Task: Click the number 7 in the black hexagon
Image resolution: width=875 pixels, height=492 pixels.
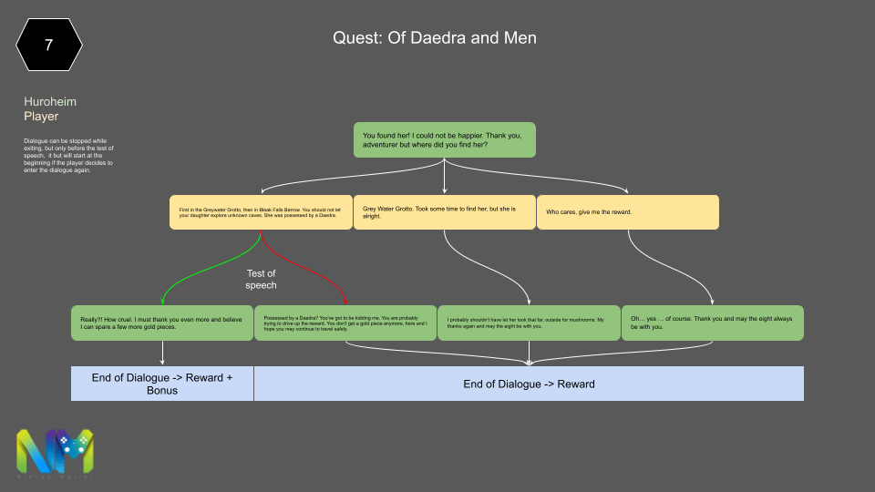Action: (48, 44)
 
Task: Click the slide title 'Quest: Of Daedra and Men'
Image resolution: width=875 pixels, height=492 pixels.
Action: (435, 37)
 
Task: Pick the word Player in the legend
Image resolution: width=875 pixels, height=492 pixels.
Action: (41, 117)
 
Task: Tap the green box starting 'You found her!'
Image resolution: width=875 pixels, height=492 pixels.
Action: (444, 139)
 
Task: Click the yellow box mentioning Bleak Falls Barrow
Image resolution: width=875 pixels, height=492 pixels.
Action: (261, 211)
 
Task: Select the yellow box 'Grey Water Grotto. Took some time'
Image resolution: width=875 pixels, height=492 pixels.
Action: (444, 211)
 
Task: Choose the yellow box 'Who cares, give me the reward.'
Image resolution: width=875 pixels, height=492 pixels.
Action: (627, 211)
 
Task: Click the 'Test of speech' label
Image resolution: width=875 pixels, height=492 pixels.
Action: (261, 279)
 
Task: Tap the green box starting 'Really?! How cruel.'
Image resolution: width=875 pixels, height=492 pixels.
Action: (162, 323)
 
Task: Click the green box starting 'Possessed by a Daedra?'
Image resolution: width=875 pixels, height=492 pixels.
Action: (345, 323)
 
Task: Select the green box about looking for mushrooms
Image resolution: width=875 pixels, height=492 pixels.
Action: (529, 323)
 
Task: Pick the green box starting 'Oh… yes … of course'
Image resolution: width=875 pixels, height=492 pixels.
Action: (712, 323)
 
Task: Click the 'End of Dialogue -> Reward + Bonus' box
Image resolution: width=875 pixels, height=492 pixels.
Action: (162, 384)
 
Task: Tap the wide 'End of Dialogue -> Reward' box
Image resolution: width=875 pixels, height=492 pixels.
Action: (529, 384)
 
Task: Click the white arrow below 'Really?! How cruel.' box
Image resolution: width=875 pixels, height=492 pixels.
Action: (162, 353)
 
